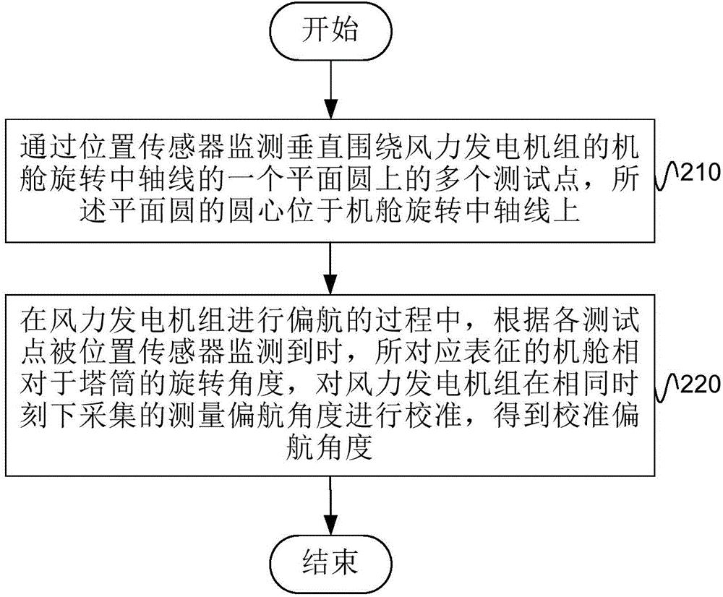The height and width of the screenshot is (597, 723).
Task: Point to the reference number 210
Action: (695, 173)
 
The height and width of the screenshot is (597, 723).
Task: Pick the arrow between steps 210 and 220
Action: (330, 267)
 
